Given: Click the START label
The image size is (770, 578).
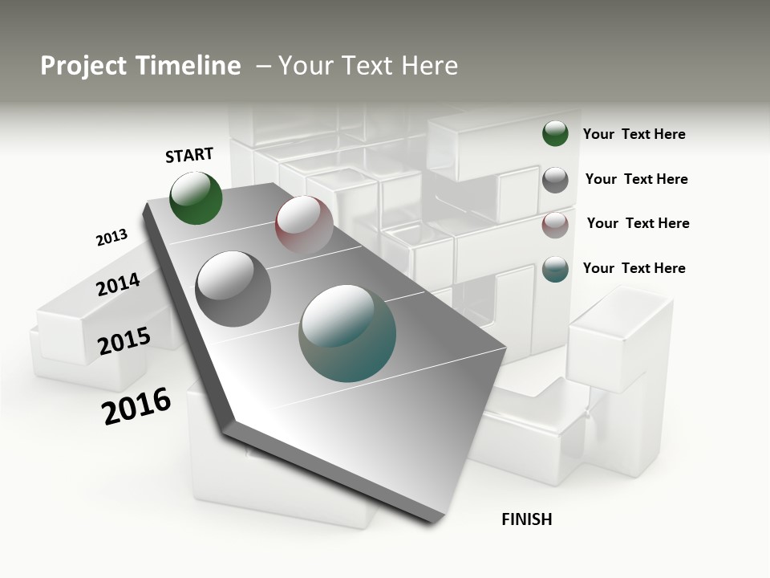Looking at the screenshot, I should coord(189,155).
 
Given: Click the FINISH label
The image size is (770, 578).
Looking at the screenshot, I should coord(526,519).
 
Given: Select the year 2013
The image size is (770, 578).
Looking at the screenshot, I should coord(111,238).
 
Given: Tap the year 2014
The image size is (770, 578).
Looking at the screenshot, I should coord(118,284).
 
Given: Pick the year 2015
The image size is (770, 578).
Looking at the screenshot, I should coord(124,340).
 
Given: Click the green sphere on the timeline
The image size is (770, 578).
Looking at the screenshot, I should coord(196,198).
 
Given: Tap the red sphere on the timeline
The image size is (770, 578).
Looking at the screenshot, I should coord(304,224).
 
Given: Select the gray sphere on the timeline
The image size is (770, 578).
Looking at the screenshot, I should coord(233,288).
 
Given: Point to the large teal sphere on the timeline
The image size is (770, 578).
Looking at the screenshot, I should coord(347,333).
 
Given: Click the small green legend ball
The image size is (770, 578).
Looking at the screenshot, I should coord(555,133).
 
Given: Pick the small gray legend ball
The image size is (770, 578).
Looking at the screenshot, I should coord(555,180).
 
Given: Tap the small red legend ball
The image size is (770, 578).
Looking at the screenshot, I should coord(555,225).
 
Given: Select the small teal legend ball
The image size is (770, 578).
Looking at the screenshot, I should coord(555,269).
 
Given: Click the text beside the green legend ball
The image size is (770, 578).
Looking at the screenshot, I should coord(634,134).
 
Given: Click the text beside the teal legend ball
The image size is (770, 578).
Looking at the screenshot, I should coord(634,268).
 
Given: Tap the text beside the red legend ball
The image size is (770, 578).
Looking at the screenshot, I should coord(638,223).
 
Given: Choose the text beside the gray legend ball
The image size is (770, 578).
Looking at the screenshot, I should coord(636,179).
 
